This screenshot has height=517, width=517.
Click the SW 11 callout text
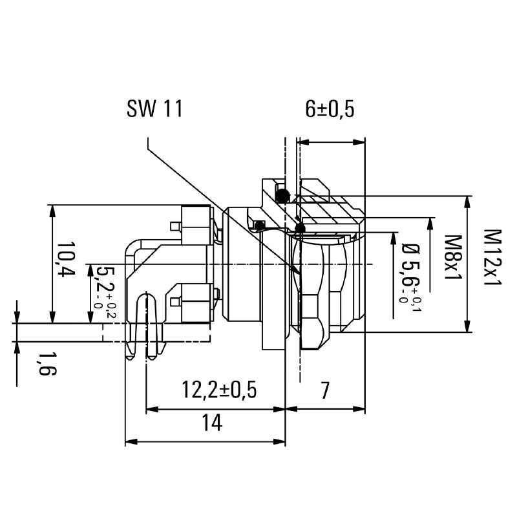(x=154, y=109)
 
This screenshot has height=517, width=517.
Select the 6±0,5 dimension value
(x=330, y=109)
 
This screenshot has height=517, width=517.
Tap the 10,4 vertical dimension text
(x=65, y=260)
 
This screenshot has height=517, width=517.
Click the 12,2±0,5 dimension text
(x=219, y=390)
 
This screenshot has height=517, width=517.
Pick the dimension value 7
(x=325, y=390)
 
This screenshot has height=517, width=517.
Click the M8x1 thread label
(x=452, y=257)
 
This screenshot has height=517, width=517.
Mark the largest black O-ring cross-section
(x=281, y=195)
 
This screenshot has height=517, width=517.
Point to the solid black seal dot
(x=299, y=228)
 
